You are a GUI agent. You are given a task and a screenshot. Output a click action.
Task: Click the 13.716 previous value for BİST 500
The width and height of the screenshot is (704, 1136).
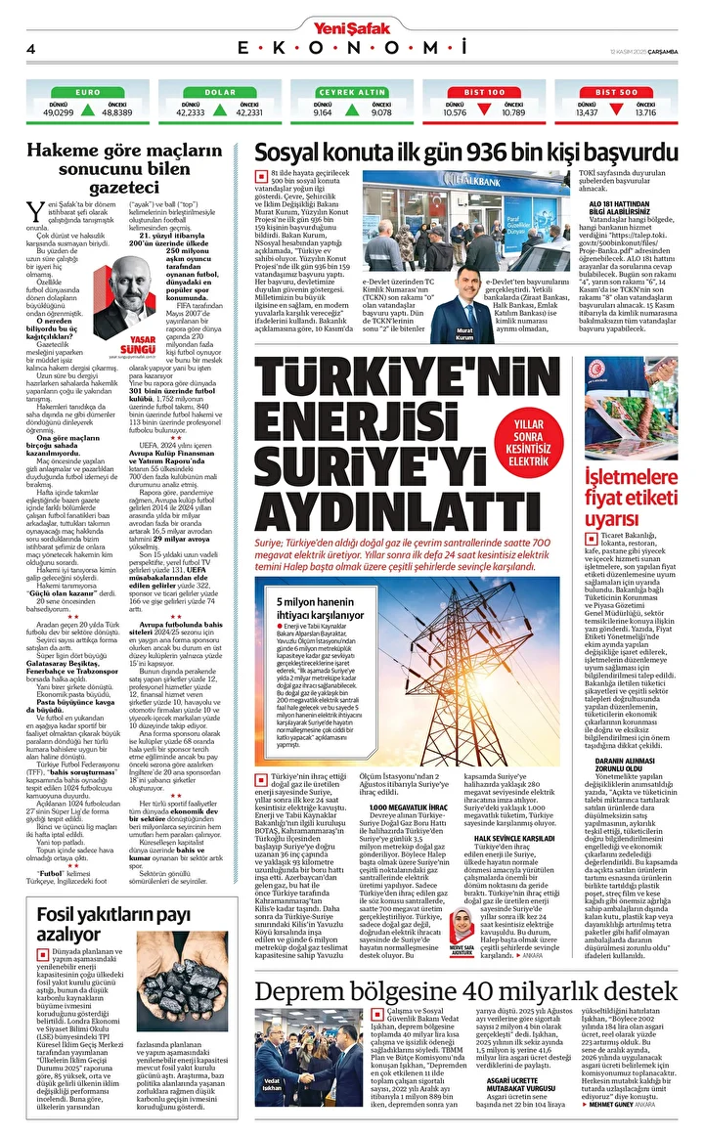(x=645, y=112)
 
